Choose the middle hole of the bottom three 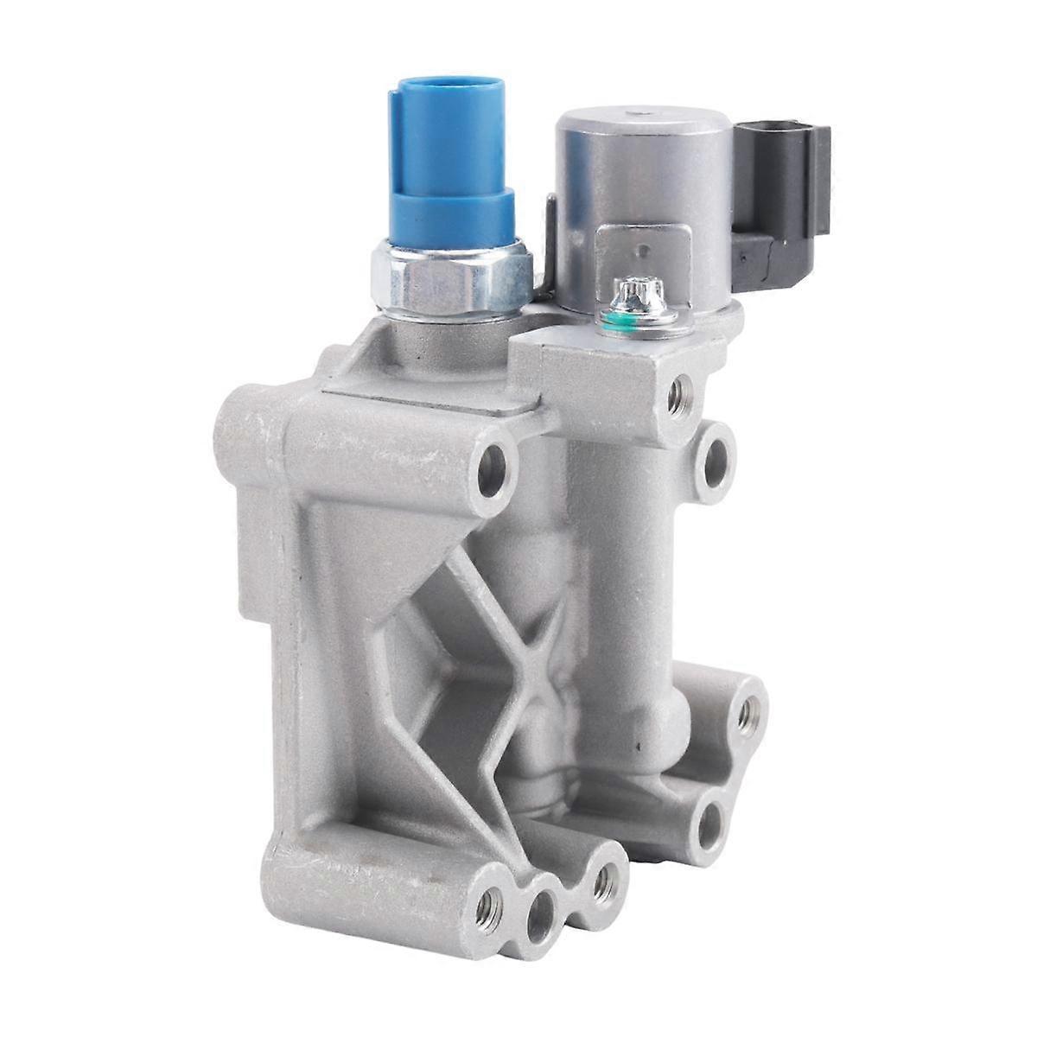point(545,900)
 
